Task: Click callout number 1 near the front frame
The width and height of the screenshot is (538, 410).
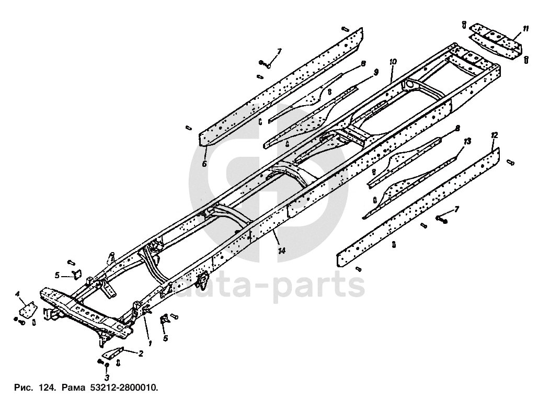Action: (x=150, y=344)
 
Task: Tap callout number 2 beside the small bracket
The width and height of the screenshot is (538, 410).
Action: (x=140, y=354)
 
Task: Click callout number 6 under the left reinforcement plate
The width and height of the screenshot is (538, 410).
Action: (x=204, y=164)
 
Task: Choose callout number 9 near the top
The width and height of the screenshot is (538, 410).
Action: (x=375, y=73)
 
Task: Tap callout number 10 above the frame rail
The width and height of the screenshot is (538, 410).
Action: (x=393, y=61)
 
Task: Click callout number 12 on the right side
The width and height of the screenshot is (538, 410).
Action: (x=494, y=135)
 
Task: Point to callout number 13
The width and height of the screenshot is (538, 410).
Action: (x=467, y=141)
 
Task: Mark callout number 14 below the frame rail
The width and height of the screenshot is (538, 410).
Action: (x=282, y=251)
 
